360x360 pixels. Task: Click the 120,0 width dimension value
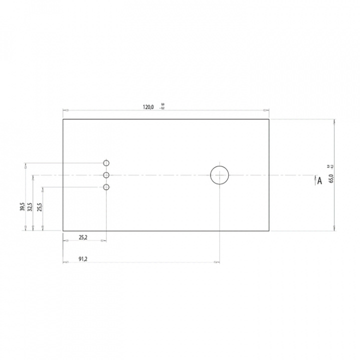coord(148,107)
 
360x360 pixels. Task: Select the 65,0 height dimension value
coord(331,177)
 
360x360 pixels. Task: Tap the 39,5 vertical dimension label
coord(22,206)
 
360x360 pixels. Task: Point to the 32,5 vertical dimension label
coord(30,206)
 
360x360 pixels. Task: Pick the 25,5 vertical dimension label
coord(39,206)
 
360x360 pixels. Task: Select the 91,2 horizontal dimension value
coord(84,259)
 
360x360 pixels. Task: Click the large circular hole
coord(219,175)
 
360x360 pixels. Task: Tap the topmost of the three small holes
coord(106,163)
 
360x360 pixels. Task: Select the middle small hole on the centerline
coord(106,175)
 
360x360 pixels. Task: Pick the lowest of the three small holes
coord(106,187)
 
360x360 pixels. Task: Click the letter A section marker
coord(319,181)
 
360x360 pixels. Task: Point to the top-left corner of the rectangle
coord(63,119)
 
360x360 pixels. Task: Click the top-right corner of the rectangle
coord(269,119)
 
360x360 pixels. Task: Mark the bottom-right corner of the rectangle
coord(269,230)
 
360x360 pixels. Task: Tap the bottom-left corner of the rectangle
coord(63,230)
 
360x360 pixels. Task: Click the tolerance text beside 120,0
coord(161,106)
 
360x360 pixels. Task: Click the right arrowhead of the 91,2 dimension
coord(216,262)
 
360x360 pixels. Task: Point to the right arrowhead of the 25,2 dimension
coord(103,241)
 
